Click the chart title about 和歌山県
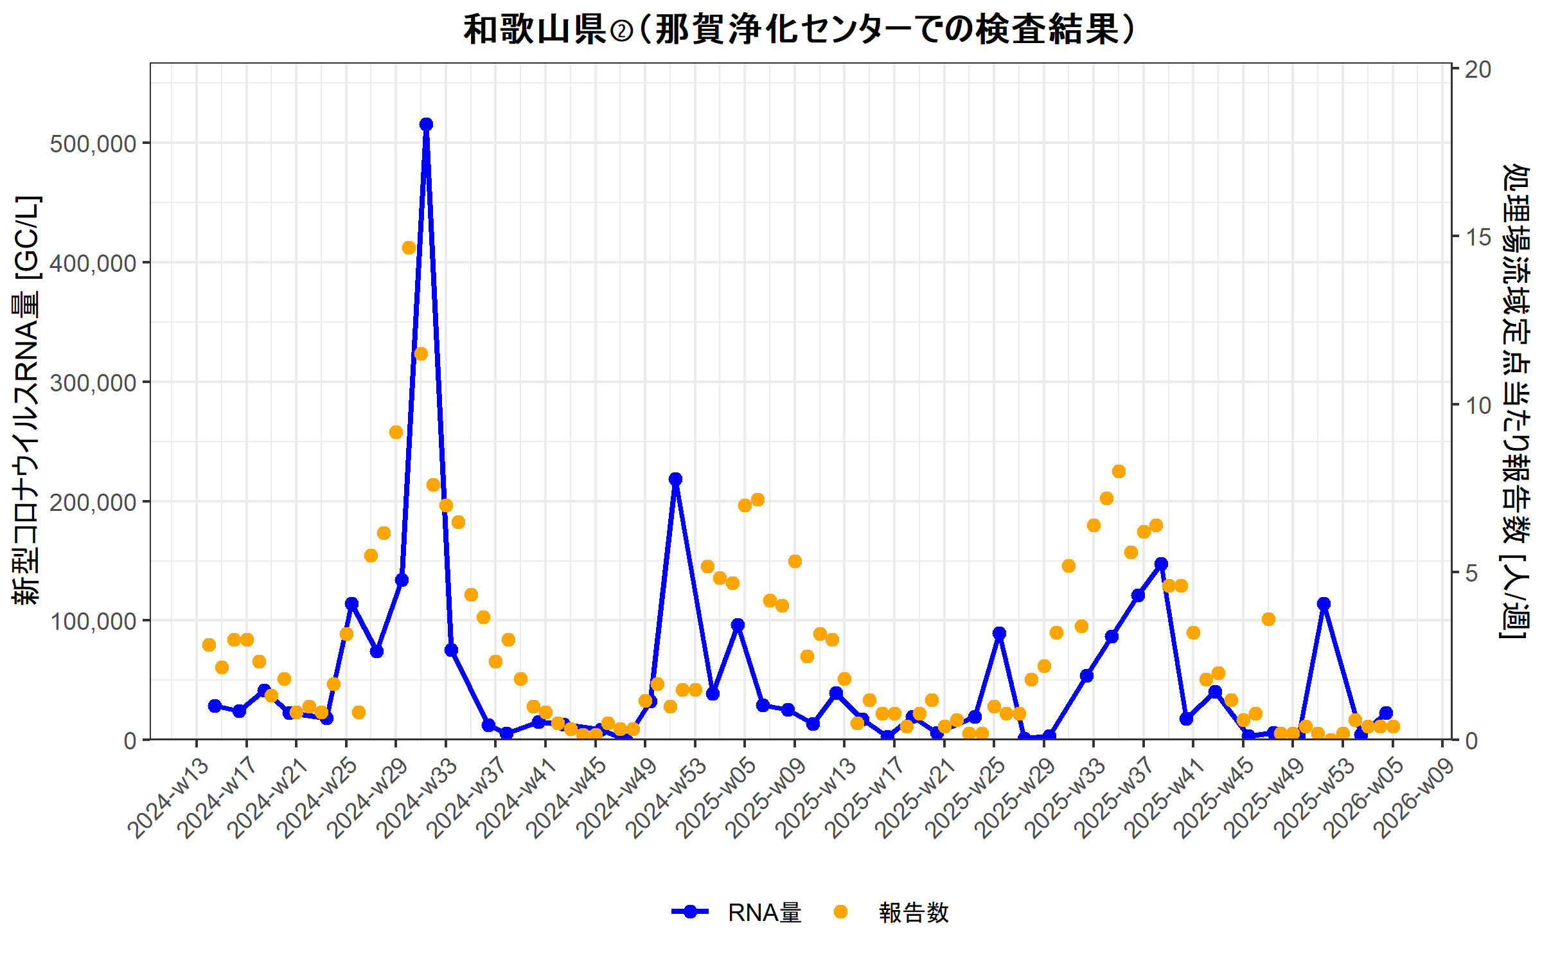coord(799,30)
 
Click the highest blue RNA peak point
coord(426,125)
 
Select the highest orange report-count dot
coord(409,248)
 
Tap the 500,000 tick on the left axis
coord(93,144)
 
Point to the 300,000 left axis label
coord(93,383)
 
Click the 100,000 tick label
coord(93,621)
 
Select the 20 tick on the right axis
coord(1477,69)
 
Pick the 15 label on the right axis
coord(1477,238)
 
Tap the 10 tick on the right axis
coord(1477,406)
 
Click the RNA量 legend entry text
coord(765,913)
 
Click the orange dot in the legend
coord(840,912)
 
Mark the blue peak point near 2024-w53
coord(675,479)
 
